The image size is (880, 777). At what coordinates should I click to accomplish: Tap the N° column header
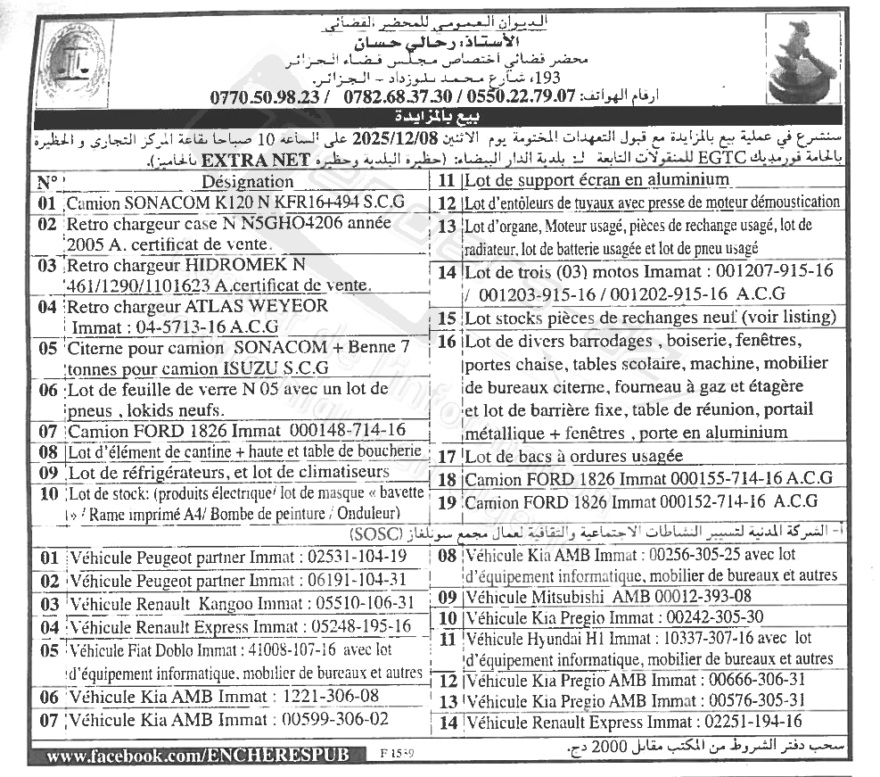[x=47, y=182]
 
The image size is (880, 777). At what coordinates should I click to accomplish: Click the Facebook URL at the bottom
[x=194, y=756]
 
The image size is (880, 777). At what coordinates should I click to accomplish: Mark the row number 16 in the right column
[x=447, y=341]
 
